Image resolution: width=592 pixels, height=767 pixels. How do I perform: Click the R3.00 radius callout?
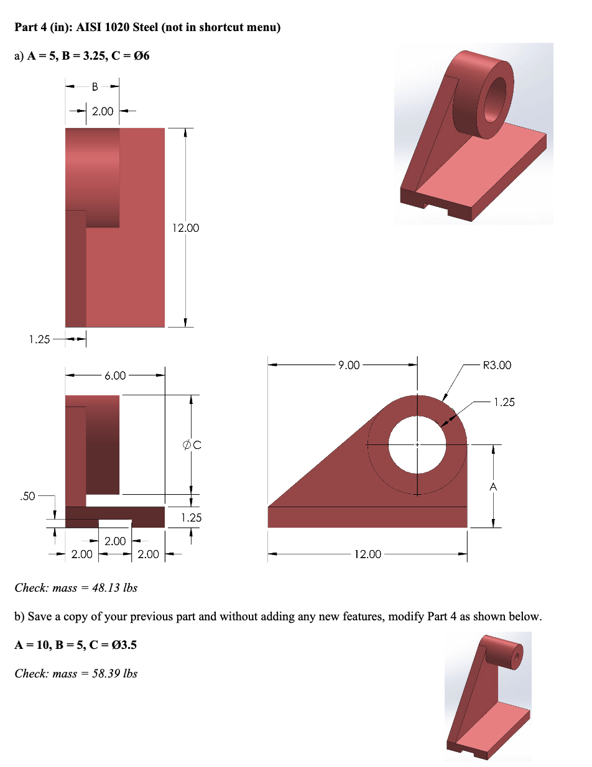click(497, 365)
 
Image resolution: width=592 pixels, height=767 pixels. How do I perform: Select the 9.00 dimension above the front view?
click(349, 365)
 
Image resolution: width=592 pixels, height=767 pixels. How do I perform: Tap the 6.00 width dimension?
click(115, 375)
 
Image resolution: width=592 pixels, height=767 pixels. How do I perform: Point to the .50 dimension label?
click(27, 496)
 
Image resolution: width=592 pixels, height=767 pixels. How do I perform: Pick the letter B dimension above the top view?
click(95, 87)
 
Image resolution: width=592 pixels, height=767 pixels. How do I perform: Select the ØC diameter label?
click(192, 444)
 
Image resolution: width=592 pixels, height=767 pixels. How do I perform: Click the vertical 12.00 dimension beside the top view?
click(187, 228)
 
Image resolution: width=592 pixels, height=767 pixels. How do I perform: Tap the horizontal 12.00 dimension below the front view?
click(367, 554)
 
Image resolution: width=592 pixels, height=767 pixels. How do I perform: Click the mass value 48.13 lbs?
click(114, 587)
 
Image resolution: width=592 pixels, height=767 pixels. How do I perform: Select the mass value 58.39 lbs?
click(114, 673)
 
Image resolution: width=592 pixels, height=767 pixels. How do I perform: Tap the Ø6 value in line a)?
click(140, 56)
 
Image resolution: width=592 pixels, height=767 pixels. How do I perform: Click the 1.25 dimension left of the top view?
click(39, 339)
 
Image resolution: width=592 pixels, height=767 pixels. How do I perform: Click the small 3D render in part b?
click(488, 696)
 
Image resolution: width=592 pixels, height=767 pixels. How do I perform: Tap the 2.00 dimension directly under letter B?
click(103, 111)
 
